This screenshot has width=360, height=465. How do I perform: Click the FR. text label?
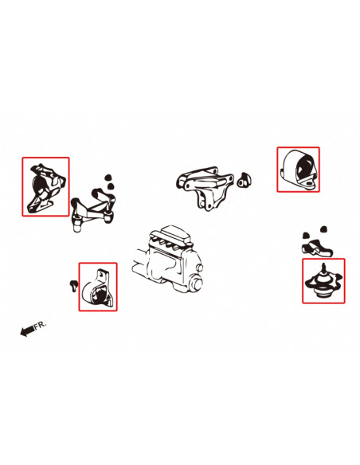pos(41,325)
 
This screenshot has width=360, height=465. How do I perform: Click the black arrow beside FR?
pos(27,330)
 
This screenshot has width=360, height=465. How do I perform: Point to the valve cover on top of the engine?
pos(170,235)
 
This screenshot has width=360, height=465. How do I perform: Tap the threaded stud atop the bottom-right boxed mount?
pos(324,269)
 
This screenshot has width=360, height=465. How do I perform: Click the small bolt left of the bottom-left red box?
pos(73,285)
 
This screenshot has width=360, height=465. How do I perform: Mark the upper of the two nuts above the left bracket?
pos(109,178)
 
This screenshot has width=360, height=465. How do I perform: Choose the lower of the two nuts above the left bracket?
pos(111,186)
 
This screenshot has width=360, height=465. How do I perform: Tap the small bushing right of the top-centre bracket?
pos(245,180)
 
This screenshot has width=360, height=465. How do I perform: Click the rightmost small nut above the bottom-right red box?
pos(323,229)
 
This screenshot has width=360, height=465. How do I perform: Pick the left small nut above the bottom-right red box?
pos(306,236)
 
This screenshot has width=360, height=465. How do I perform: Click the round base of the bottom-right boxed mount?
pos(324,293)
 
